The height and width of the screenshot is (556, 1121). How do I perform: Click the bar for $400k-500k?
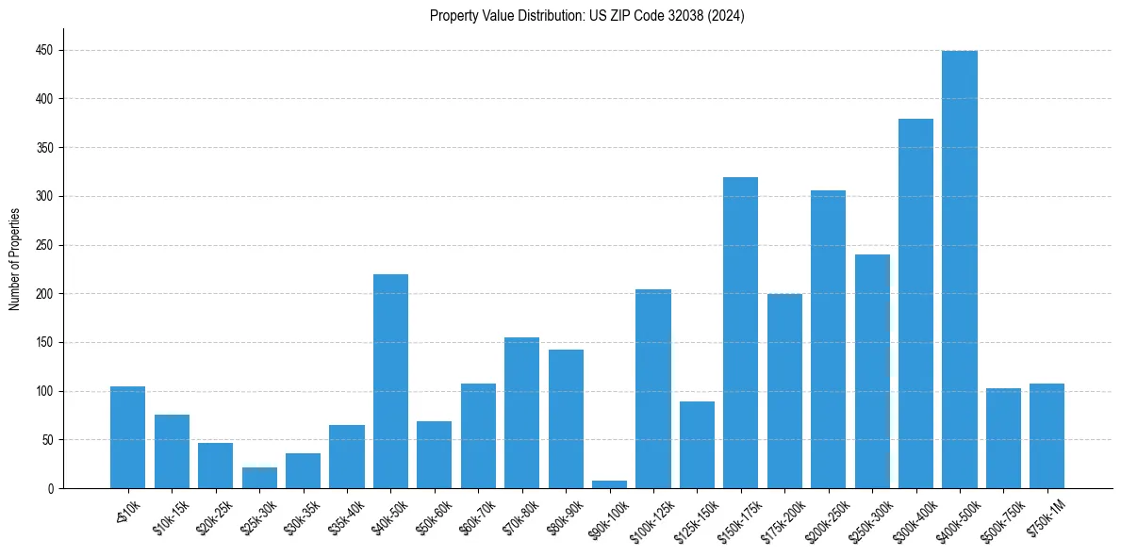[959, 270]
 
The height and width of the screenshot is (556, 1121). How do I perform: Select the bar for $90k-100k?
[609, 484]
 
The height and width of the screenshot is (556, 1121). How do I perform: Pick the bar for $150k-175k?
[740, 333]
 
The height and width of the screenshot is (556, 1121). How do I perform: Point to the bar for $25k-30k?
[259, 478]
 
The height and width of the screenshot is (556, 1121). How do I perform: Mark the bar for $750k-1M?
[1047, 436]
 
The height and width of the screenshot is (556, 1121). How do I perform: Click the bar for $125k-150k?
[697, 445]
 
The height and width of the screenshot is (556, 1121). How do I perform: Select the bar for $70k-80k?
[521, 413]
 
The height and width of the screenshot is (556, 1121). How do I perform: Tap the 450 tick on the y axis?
[46, 50]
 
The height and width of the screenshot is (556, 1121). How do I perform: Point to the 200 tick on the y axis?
[46, 294]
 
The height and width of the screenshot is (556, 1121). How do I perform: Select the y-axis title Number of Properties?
[14, 259]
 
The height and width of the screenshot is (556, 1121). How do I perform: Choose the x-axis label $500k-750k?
[1000, 521]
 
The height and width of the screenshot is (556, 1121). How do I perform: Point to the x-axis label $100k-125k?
[650, 521]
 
